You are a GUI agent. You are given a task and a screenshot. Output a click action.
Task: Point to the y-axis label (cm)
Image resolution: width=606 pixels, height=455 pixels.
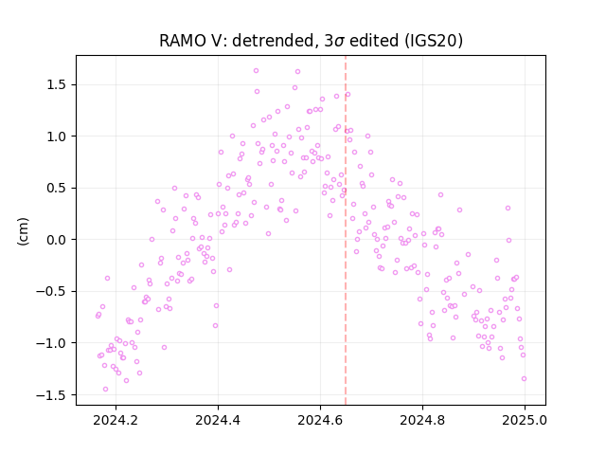(23, 231)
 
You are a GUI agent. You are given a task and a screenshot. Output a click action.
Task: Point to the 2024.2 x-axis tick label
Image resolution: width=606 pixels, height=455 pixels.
(116, 420)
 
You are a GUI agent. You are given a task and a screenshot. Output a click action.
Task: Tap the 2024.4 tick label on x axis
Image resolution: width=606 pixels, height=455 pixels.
(218, 420)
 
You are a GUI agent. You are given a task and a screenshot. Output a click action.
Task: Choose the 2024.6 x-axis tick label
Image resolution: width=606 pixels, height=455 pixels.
(320, 420)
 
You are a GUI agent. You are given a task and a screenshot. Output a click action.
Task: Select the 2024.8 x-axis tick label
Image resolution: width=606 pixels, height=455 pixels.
(422, 420)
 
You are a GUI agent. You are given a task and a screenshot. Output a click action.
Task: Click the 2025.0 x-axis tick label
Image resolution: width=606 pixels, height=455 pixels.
(525, 420)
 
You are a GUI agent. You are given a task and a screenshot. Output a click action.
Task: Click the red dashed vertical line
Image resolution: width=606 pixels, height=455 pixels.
(346, 230)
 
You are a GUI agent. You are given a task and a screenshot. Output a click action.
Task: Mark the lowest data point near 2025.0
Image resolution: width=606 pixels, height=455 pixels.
(524, 379)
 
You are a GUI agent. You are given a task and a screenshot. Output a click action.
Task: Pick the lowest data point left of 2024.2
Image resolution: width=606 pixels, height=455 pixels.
(105, 390)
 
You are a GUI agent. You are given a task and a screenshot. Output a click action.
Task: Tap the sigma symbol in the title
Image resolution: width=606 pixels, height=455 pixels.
(339, 42)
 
